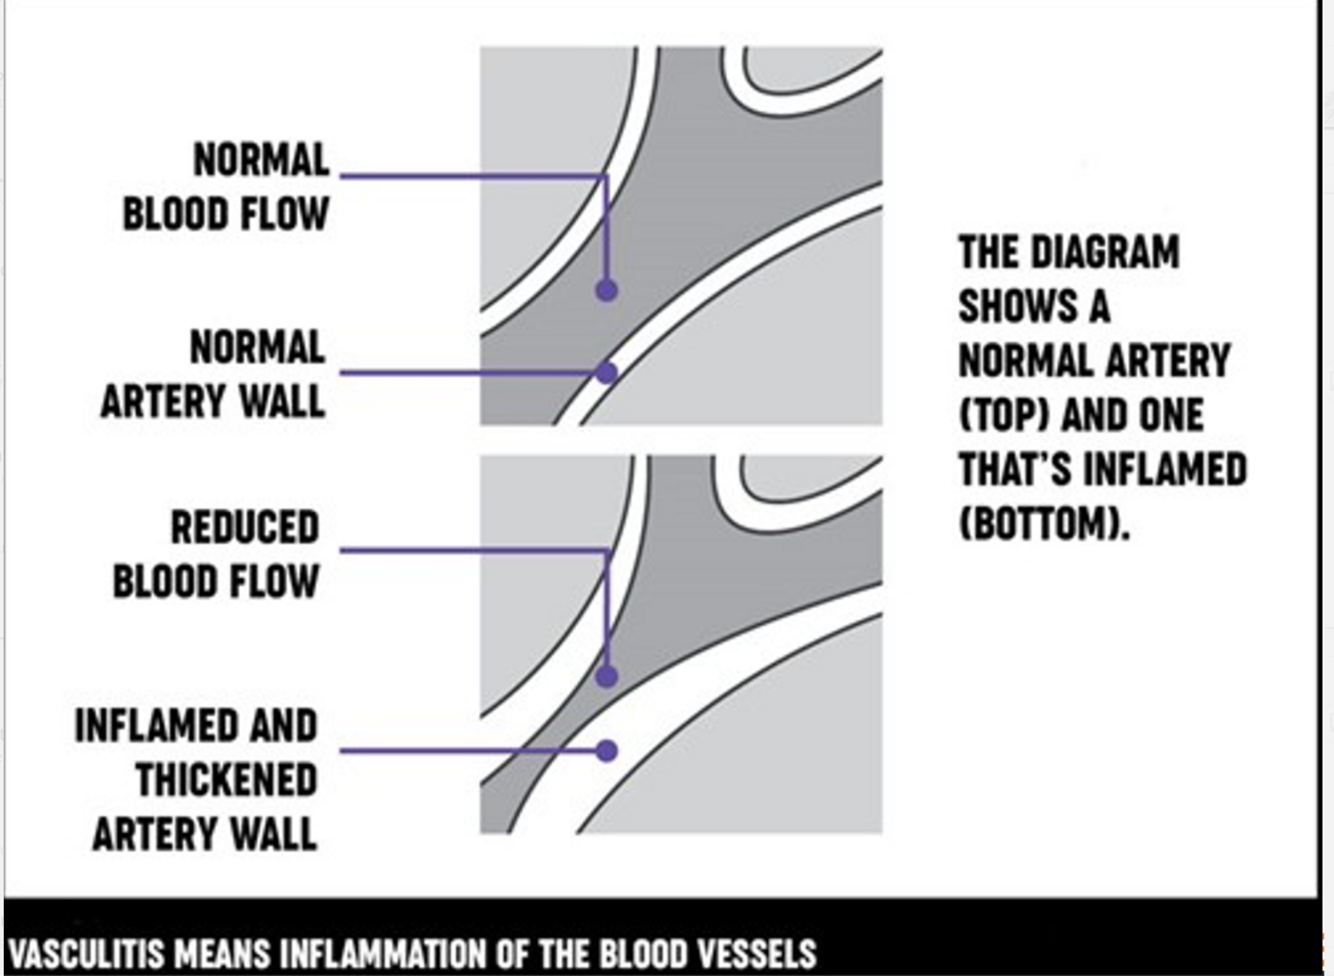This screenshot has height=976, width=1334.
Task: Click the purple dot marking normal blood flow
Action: click(x=606, y=291)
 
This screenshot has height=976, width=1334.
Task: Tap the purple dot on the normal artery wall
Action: click(x=606, y=373)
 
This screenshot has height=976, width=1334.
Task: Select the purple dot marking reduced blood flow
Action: click(x=606, y=676)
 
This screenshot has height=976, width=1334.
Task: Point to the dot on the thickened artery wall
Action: click(x=606, y=750)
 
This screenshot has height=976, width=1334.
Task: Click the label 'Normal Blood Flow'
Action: click(x=226, y=187)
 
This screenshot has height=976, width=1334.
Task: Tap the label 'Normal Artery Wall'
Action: click(x=214, y=375)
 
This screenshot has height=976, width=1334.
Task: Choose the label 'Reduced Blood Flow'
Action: click(x=216, y=555)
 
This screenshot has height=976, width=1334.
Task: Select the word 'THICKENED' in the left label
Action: click(x=226, y=780)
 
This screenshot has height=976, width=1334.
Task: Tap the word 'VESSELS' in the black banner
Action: click(x=762, y=953)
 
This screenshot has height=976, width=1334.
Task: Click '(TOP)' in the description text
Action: click(x=1004, y=415)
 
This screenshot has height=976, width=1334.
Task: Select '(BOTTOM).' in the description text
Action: click(x=1044, y=523)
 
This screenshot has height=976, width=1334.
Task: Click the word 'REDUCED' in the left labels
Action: click(x=245, y=528)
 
